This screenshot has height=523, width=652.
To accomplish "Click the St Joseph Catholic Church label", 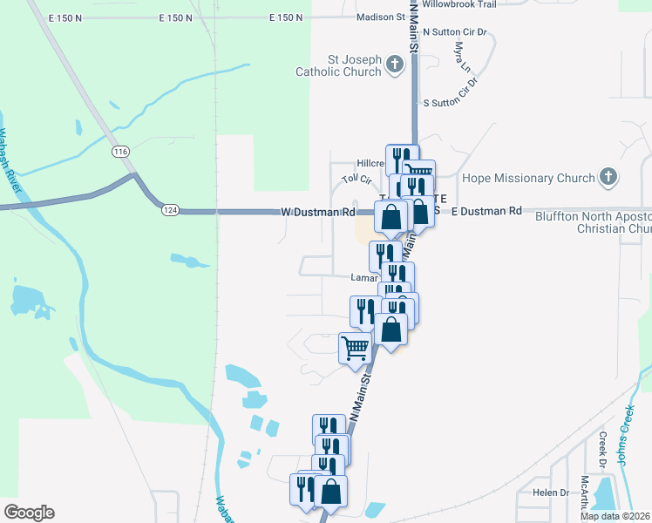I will pos(354,65).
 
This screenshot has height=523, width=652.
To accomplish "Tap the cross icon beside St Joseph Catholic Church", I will pos(395,65).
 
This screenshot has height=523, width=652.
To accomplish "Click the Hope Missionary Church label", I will pos(528,179).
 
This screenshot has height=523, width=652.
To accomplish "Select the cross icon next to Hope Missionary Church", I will pos(608,178).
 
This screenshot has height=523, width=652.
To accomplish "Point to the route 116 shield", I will pos(120,152).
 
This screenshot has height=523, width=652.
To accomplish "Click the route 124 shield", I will pos(169,210).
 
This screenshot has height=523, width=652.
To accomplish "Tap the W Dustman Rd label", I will pos(317,212).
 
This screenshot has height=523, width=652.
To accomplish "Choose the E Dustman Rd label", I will pos(486,211).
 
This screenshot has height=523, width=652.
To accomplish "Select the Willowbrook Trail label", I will pos(458,4).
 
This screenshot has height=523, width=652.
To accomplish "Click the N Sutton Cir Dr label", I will pos(458,31).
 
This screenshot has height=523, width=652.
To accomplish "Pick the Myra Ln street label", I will pos(463,64).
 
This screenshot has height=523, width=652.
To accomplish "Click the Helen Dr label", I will pos(551,492).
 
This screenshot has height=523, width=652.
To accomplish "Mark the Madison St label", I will pos(382,17).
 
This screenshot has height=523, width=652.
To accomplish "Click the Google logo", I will pos(29,513).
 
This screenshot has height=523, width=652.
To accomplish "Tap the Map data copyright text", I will pos(615,516).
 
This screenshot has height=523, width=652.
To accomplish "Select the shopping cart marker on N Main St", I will pos(355,348).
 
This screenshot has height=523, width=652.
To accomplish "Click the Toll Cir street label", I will pos(357,179).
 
